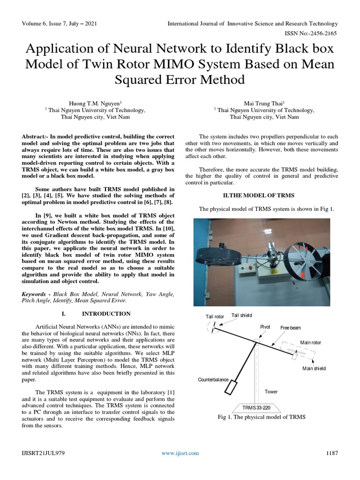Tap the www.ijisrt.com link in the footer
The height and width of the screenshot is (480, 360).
(180, 453)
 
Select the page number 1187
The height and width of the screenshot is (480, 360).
(331, 453)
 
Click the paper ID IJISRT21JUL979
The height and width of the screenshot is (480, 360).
(43, 453)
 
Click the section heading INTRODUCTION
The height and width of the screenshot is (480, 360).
(106, 313)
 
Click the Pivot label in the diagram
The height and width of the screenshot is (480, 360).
(265, 327)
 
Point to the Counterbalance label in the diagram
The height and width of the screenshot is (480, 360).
(213, 379)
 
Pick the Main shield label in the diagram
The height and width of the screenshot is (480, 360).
(314, 368)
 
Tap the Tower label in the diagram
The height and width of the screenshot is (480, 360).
(271, 391)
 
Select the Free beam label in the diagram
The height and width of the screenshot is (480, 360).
(291, 328)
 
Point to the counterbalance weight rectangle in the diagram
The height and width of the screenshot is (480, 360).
(232, 387)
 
